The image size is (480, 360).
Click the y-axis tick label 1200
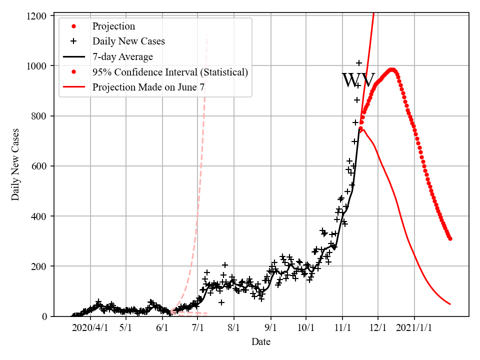(36, 16)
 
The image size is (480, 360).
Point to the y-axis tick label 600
(39, 166)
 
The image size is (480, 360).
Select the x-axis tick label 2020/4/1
(90, 328)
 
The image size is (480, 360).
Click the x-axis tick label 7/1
(197, 328)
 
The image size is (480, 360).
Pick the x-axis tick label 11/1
(342, 328)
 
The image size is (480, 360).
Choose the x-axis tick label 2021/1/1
(414, 328)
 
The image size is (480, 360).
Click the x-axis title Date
(261, 342)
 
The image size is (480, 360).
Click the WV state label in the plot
(358, 80)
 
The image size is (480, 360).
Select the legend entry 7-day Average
(122, 56)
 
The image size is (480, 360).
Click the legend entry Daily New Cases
(128, 41)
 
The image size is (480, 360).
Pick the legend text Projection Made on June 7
(148, 87)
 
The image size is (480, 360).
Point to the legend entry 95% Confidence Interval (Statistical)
(170, 72)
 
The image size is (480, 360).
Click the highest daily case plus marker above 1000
(359, 63)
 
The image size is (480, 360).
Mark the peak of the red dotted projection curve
(392, 70)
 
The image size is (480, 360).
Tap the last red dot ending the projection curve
(450, 238)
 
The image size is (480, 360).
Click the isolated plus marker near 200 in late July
(225, 265)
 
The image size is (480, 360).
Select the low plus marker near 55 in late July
(221, 302)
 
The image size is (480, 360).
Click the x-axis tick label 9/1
(271, 328)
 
